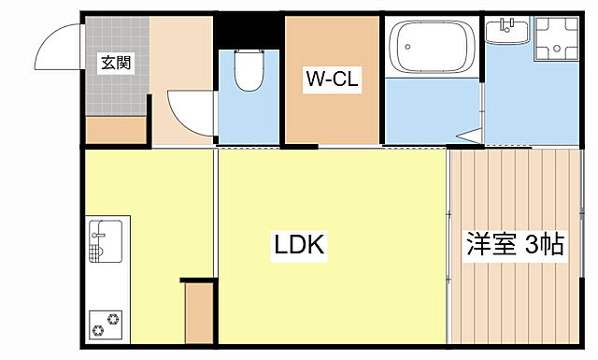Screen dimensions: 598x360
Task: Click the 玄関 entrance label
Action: pyautogui.click(x=116, y=63)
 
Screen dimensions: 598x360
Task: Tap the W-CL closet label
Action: pyautogui.click(x=333, y=79)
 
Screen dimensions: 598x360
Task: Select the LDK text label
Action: pyautogui.click(x=299, y=245)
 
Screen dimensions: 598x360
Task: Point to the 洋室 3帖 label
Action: pyautogui.click(x=515, y=244)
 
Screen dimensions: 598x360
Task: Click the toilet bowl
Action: pyautogui.click(x=249, y=71)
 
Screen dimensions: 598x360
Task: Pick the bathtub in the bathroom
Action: pyautogui.click(x=433, y=47)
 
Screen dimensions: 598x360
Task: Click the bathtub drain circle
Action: pyautogui.click(x=407, y=47)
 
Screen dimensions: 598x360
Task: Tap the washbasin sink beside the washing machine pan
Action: pyautogui.click(x=507, y=31)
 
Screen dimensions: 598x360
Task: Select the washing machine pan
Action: pyautogui.click(x=557, y=38)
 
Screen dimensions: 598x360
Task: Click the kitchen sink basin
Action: pyautogui.click(x=106, y=241)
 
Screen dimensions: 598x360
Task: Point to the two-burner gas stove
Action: pyautogui.click(x=106, y=324)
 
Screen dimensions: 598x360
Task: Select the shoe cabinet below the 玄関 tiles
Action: pyautogui.click(x=116, y=130)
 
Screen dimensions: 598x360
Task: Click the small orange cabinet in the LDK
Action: pyautogui.click(x=199, y=313)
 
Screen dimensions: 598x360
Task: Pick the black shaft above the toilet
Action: pyautogui.click(x=249, y=31)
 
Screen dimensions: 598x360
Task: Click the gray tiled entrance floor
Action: pyautogui.click(x=117, y=65)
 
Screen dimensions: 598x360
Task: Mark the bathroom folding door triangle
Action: pyautogui.click(x=470, y=137)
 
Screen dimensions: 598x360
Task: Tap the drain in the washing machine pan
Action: pyautogui.click(x=557, y=48)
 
